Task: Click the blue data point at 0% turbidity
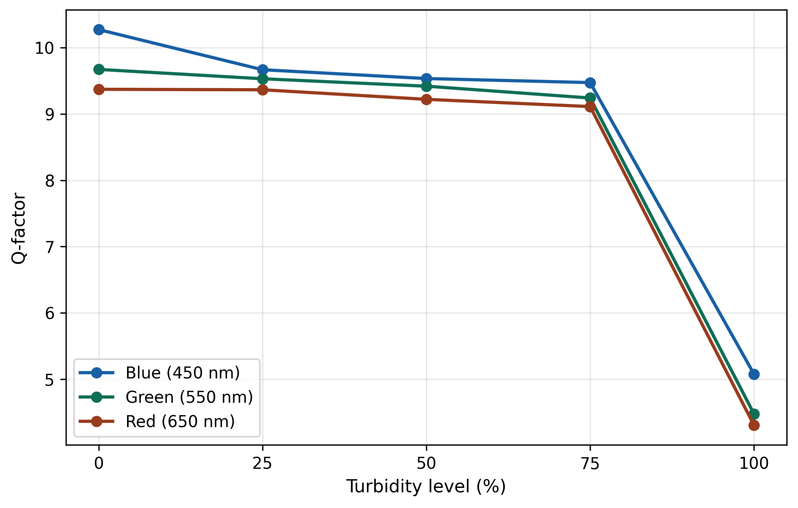99,30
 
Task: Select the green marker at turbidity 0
99,69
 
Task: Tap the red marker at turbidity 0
99,90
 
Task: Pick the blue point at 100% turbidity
754,374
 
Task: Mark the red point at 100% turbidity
754,425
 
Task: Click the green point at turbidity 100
754,414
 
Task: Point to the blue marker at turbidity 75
590,83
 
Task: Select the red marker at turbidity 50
426,99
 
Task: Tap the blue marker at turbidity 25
263,70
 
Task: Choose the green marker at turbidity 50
426,86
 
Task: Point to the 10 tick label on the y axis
45,48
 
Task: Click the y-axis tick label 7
50,247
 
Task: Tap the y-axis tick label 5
50,380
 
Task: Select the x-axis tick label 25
262,464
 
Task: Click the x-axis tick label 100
754,464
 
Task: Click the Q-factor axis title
19,228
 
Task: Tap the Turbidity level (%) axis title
426,487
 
